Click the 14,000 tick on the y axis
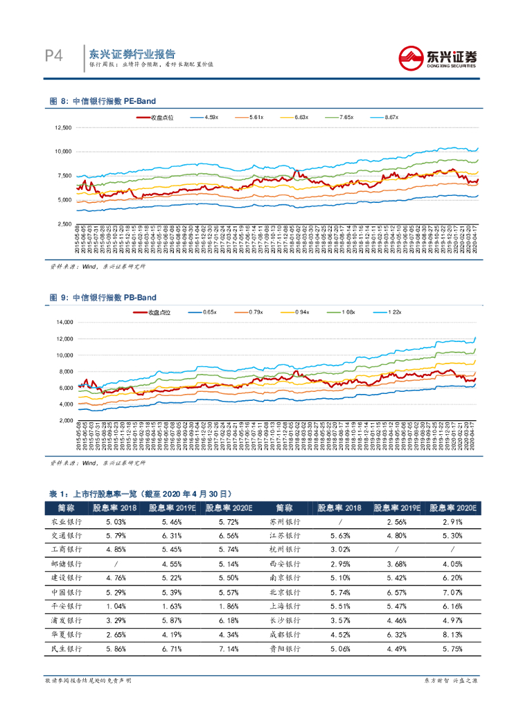coord(63,323)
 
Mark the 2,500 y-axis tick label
coord(64,224)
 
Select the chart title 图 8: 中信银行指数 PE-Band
coord(103,102)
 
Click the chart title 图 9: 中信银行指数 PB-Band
coord(103,298)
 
